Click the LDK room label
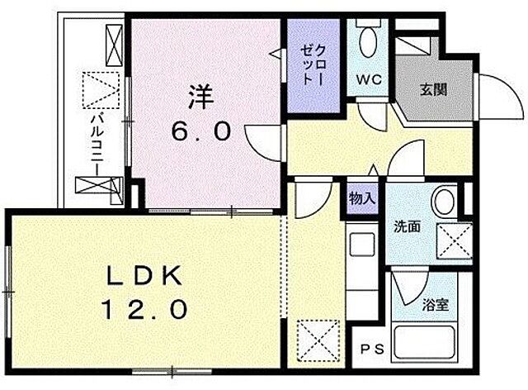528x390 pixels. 144,276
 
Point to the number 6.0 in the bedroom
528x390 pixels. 206,132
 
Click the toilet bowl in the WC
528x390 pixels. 368,42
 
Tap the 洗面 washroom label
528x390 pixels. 407,225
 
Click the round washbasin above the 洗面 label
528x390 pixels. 447,199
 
